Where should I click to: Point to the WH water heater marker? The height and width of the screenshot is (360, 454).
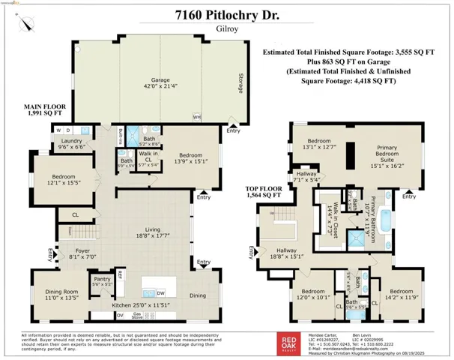tap(196, 116)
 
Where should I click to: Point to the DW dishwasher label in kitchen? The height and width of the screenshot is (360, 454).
tap(160, 294)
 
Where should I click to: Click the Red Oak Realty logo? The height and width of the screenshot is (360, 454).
tap(288, 341)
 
